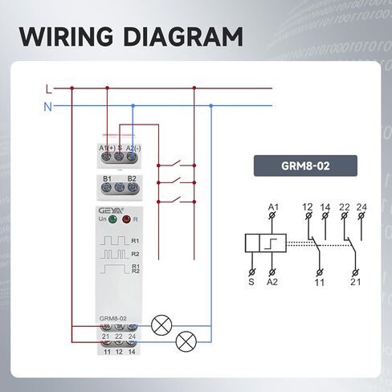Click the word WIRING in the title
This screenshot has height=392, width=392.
click(x=66, y=36)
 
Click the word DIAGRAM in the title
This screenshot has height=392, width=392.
click(x=183, y=36)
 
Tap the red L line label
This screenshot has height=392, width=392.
click(x=48, y=89)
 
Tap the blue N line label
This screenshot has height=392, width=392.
click(x=47, y=107)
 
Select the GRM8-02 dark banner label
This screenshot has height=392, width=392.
click(x=305, y=165)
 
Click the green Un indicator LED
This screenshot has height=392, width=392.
click(x=112, y=219)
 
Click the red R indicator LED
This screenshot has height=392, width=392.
click(x=126, y=219)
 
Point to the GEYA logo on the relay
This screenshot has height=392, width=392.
click(x=111, y=210)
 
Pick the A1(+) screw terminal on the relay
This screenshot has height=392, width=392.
click(x=107, y=157)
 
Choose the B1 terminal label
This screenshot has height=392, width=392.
click(x=107, y=178)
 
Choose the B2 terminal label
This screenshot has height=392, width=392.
click(x=132, y=178)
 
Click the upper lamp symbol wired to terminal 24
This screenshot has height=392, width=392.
click(x=161, y=325)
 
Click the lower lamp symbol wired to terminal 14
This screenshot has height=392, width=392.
click(x=186, y=341)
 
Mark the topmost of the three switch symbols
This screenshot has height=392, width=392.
click(x=176, y=164)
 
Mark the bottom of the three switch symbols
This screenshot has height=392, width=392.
click(x=176, y=200)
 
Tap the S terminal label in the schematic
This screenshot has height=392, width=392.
click(x=251, y=282)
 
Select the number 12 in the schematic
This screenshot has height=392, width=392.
click(x=308, y=207)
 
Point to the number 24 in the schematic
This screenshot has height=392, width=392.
click(x=361, y=207)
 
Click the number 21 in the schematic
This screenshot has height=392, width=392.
click(x=356, y=282)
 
